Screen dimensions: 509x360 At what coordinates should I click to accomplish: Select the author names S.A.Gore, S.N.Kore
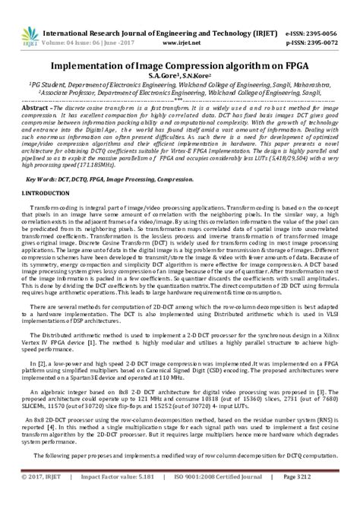(179, 77)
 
